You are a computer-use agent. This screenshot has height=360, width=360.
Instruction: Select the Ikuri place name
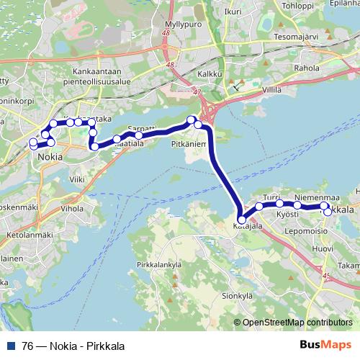(x=233, y=12)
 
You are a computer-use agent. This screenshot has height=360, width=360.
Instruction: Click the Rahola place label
(x=306, y=68)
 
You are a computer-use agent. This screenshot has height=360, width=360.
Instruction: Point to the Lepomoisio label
(x=307, y=231)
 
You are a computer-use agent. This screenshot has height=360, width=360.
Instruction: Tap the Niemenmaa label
(x=317, y=197)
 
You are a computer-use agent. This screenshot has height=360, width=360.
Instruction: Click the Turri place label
(x=271, y=197)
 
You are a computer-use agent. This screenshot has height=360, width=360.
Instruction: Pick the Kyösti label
(x=288, y=215)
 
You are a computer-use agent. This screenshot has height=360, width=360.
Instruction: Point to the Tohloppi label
(x=298, y=6)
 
